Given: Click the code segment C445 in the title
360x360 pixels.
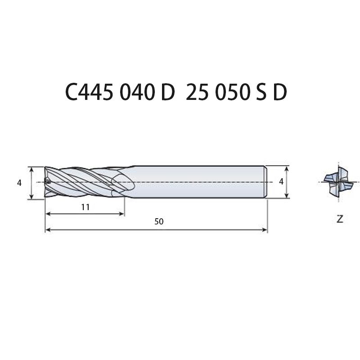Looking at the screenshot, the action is (x=89, y=92).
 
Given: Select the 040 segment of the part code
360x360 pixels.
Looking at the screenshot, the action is (x=137, y=92).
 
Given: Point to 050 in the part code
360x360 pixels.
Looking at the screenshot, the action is (x=233, y=92).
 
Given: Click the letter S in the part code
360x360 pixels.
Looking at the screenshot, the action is (x=261, y=92).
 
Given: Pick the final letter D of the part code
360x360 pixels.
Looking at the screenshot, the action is (x=280, y=92).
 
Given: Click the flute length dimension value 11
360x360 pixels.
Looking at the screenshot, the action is (x=85, y=207).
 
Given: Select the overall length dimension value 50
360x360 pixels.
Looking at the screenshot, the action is (x=159, y=221).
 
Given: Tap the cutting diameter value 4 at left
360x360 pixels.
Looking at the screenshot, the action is (x=19, y=183).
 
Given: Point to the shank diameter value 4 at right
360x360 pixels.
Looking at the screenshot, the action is (x=281, y=182).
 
